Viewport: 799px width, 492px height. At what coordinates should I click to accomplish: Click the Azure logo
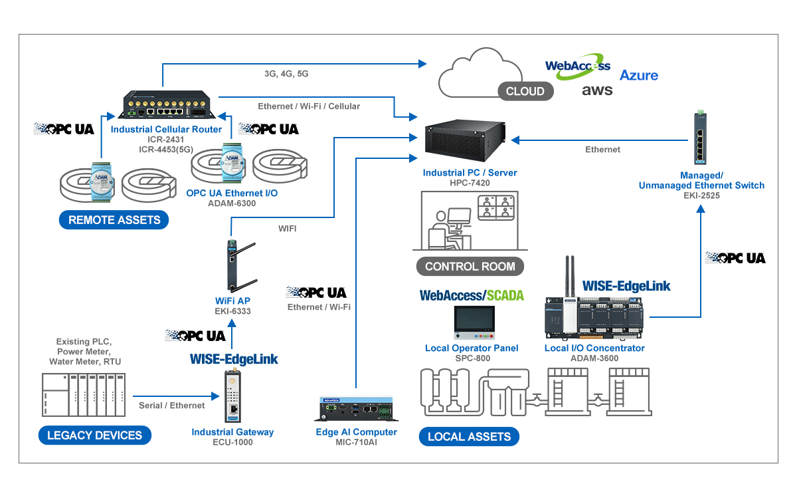tap(639, 74)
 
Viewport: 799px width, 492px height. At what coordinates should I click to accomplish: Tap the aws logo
tap(597, 90)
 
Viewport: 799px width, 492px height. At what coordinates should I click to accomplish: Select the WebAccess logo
tap(577, 66)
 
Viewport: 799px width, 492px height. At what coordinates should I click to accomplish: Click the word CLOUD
tap(525, 92)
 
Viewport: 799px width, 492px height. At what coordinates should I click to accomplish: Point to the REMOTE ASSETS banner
tap(114, 220)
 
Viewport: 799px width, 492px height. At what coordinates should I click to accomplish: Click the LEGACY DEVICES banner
tap(94, 435)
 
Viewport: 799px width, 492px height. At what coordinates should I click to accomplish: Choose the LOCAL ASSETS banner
tap(469, 437)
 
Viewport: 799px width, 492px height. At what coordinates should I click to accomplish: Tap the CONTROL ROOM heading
tap(470, 267)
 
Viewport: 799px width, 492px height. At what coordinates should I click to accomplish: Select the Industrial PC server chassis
tap(465, 143)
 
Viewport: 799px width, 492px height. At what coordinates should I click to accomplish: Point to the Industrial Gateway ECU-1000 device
tap(232, 398)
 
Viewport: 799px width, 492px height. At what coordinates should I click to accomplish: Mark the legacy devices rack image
tap(86, 397)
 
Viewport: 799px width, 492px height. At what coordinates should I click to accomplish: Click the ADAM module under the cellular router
tap(102, 182)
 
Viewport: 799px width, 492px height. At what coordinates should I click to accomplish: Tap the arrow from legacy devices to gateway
tap(176, 396)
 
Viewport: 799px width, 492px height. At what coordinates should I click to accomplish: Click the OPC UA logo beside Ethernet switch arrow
tap(735, 257)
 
